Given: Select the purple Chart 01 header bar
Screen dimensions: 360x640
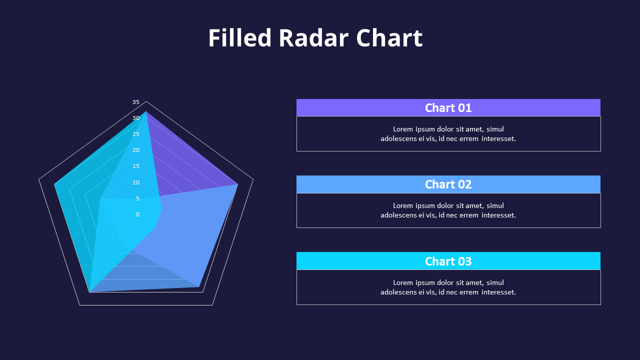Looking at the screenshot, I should (448, 107).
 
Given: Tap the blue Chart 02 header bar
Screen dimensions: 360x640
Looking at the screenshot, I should (448, 184).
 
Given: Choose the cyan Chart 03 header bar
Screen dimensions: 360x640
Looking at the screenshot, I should (448, 261).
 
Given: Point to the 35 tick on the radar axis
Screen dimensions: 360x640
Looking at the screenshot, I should (136, 102).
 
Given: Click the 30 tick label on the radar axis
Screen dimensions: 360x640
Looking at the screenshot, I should (136, 118).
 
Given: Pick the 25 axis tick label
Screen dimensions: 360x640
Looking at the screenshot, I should (136, 134).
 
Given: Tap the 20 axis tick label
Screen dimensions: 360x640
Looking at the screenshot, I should (136, 150).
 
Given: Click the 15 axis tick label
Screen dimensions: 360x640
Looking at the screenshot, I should (136, 166).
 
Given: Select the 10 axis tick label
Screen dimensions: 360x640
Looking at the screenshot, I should (136, 182).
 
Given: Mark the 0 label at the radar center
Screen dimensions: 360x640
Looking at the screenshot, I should (137, 214).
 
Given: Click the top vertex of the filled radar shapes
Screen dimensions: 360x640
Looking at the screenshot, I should (146, 111).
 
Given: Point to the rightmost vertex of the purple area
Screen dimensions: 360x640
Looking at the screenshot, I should (237, 184).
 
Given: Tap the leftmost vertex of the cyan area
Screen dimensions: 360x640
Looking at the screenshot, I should (54, 184).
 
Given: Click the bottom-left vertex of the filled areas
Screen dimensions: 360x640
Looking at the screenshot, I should (89, 291).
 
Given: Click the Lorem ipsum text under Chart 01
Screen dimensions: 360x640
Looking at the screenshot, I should (448, 133).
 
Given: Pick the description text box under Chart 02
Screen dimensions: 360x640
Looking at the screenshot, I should (448, 210).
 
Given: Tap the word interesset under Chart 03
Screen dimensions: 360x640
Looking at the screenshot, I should (498, 292).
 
